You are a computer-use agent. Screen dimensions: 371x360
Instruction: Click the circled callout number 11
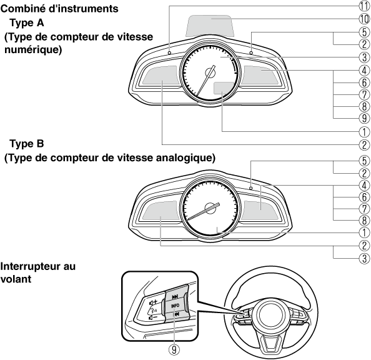pyautogui.click(x=364, y=6)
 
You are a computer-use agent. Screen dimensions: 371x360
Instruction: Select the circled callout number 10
pyautogui.click(x=364, y=19)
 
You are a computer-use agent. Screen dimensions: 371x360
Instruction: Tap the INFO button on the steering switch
pyautogui.click(x=176, y=306)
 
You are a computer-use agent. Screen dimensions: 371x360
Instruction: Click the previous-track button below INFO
pyautogui.click(x=176, y=314)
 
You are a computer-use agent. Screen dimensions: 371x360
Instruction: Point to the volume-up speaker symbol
pyautogui.click(x=153, y=302)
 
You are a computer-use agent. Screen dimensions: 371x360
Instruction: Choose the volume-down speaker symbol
pyautogui.click(x=153, y=317)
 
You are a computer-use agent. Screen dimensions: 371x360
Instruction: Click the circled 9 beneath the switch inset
pyautogui.click(x=174, y=349)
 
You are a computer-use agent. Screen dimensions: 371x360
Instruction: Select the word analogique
pyautogui.click(x=183, y=158)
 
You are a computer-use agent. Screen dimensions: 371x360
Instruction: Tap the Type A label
pyautogui.click(x=27, y=23)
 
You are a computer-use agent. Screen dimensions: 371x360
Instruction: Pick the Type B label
pyautogui.click(x=27, y=144)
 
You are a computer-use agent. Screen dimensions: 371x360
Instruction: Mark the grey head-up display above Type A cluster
pyautogui.click(x=210, y=26)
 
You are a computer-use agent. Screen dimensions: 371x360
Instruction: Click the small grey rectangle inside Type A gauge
pyautogui.click(x=224, y=88)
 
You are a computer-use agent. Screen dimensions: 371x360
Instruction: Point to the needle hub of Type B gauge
pyautogui.click(x=210, y=207)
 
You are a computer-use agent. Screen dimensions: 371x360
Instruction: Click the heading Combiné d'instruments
pyautogui.click(x=59, y=9)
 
